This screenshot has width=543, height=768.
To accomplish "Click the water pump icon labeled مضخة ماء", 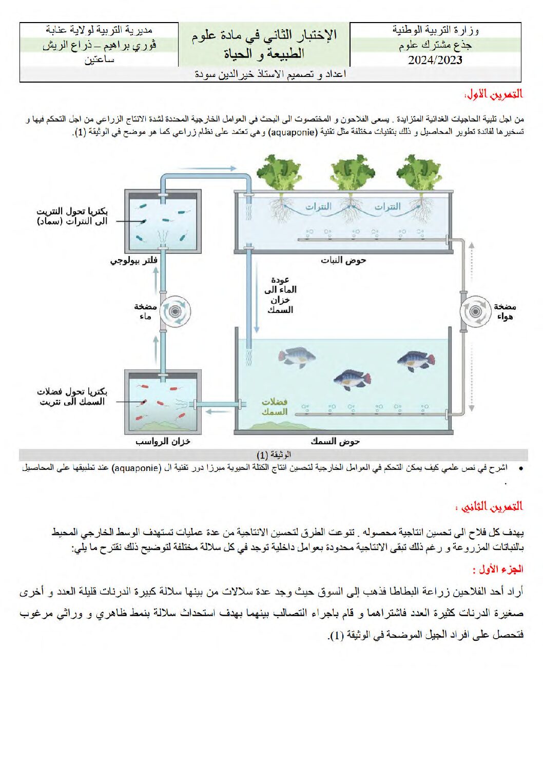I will [174, 311].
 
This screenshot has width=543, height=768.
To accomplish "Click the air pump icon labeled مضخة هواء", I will [475, 311].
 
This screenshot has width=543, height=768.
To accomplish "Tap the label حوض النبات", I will [343, 260].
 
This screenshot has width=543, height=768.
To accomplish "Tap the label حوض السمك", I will [335, 441].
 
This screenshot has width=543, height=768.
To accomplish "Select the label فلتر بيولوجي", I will [134, 260].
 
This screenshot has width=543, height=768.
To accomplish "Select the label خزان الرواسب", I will [163, 441].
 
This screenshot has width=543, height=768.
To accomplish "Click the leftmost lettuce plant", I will [280, 172].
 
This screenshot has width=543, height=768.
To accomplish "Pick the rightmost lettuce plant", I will [419, 173].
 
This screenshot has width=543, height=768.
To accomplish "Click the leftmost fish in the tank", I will [297, 357].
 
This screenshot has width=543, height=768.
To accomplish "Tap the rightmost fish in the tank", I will [416, 361].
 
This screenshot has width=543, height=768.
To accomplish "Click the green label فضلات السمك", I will [275, 407].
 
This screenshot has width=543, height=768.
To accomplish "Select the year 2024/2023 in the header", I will [435, 60].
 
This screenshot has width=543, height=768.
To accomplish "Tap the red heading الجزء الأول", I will [497, 569].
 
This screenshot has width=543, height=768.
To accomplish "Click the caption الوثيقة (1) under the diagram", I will [274, 455].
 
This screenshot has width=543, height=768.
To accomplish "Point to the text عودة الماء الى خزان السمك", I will [280, 295].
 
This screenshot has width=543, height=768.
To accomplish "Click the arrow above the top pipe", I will [209, 168].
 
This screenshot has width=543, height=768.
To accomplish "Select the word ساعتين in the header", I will [100, 60].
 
